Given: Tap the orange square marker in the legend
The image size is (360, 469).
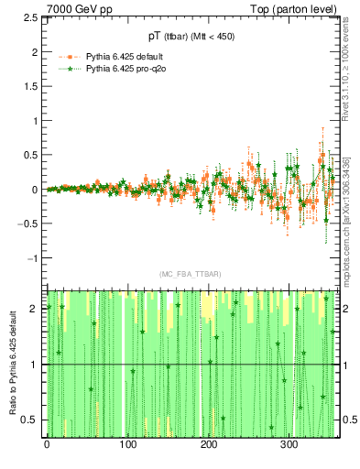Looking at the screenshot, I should point(71,56).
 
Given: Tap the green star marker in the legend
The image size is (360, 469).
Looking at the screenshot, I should point(71,68).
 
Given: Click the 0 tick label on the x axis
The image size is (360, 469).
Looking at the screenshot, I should point(47,444).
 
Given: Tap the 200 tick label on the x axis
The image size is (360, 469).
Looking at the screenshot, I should point(209,444).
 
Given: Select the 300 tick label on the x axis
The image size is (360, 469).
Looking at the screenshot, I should point(289,444).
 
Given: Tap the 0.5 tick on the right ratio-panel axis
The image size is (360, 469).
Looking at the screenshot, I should point(349,420).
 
